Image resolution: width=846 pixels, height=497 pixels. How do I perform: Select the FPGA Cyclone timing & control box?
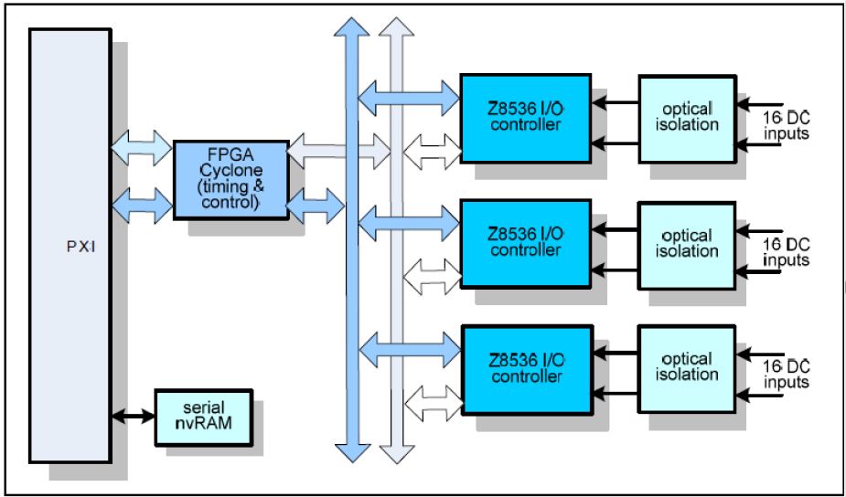pyautogui.click(x=230, y=177)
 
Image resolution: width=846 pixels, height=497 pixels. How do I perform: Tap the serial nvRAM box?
pyautogui.click(x=203, y=418)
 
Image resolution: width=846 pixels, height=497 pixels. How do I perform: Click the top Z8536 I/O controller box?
pyautogui.click(x=525, y=118)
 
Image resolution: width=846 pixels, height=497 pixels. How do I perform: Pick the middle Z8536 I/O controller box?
pyautogui.click(x=525, y=244)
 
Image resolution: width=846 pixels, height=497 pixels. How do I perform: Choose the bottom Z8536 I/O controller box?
pyautogui.click(x=525, y=368)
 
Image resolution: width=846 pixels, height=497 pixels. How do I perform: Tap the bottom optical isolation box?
pyautogui.click(x=687, y=368)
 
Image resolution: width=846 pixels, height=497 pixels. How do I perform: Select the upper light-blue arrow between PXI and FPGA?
pyautogui.click(x=141, y=146)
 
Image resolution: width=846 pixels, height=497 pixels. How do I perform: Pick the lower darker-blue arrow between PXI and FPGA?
pyautogui.click(x=141, y=203)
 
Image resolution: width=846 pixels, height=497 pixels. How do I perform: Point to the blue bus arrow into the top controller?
pyautogui.click(x=408, y=95)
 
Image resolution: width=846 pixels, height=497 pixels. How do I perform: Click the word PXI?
pyautogui.click(x=70, y=246)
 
